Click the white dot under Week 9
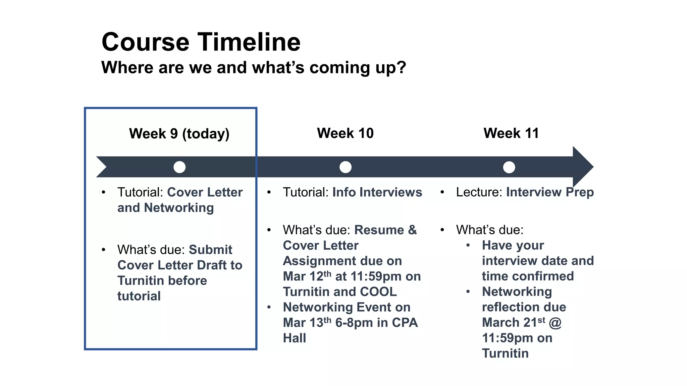point(179,167)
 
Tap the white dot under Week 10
point(345,167)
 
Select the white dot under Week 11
point(509,167)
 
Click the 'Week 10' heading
point(345,133)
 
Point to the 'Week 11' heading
point(511,133)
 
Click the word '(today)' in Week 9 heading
point(206,134)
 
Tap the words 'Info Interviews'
point(377,192)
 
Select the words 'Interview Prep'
point(550,192)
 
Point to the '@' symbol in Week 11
point(555,323)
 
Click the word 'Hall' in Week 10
point(294,338)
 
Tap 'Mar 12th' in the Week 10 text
point(307,276)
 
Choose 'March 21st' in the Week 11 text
point(513,322)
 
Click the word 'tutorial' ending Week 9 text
point(139,296)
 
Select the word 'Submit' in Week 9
point(210,250)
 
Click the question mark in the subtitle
point(401,67)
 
